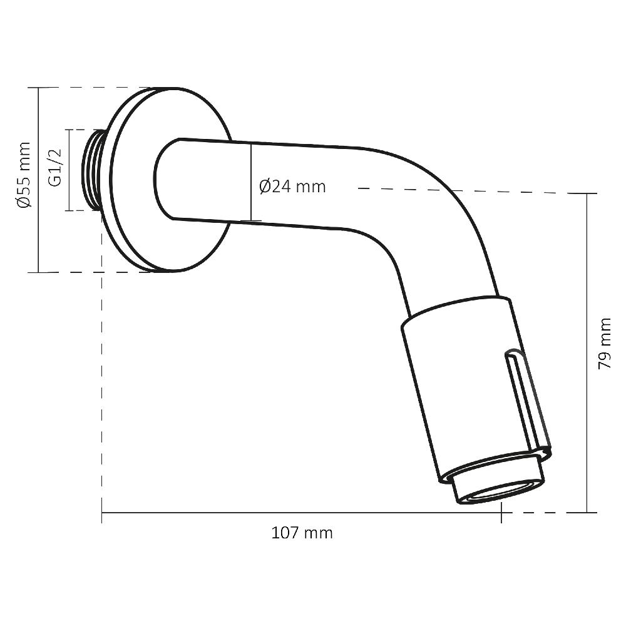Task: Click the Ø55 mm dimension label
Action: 23,175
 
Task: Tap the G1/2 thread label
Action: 55,168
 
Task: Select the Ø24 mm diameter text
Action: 292,187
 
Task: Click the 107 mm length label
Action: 302,533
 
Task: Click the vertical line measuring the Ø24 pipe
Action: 251,182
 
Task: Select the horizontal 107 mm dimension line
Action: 300,513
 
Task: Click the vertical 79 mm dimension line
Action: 587,351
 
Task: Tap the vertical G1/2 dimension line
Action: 68,170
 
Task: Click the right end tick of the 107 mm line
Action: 501,513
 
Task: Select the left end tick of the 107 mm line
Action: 101,513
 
